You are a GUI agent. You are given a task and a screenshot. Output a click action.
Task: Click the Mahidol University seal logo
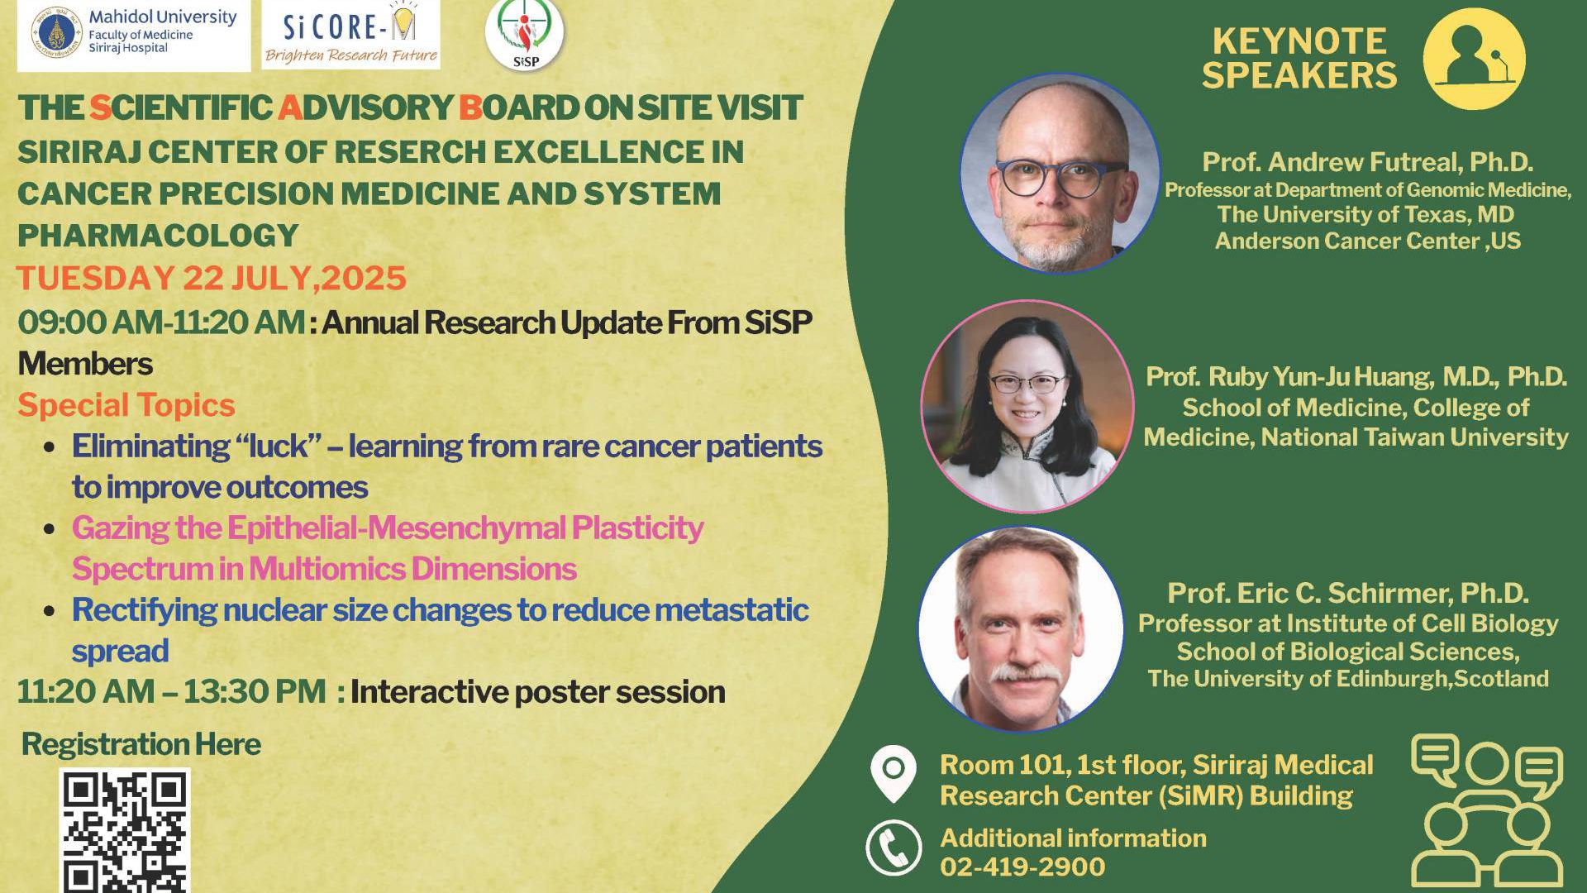tap(57, 32)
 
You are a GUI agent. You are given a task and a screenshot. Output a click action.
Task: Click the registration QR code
tap(125, 830)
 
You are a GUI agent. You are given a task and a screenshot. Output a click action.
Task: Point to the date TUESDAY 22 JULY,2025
tap(212, 278)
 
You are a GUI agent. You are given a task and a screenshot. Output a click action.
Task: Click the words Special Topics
tap(126, 405)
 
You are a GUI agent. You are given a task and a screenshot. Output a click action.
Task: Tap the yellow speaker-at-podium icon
tap(1474, 59)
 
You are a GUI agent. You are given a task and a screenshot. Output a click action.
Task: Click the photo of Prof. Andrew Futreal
tap(1060, 173)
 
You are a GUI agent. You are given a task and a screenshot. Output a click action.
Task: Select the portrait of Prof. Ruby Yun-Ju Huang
tap(1027, 406)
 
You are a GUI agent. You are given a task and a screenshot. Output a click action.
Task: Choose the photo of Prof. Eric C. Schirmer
tap(1021, 629)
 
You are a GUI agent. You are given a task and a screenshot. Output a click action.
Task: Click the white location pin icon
tap(894, 774)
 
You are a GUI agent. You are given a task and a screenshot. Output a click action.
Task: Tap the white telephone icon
tap(894, 848)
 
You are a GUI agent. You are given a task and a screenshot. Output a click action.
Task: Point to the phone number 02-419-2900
tap(1022, 867)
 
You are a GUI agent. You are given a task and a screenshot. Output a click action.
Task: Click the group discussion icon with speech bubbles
tap(1487, 811)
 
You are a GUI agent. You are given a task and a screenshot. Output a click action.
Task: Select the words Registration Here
tap(141, 744)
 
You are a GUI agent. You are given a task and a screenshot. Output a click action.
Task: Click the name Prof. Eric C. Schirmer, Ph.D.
tap(1347, 593)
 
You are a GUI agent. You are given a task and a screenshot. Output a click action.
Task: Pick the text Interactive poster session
tap(537, 692)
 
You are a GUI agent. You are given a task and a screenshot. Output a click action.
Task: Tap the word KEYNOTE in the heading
tap(1299, 41)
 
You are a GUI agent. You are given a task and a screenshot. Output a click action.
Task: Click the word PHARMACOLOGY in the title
tap(158, 236)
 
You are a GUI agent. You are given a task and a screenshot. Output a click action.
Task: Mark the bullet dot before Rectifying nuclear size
tap(50, 611)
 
